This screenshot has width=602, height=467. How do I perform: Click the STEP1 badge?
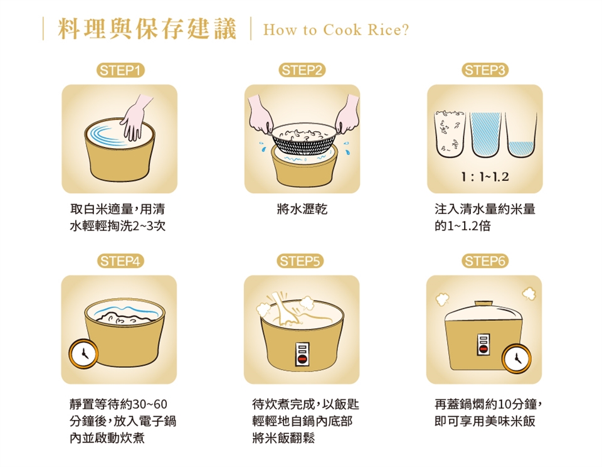click(x=120, y=70)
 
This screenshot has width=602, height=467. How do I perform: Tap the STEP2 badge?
click(x=302, y=70)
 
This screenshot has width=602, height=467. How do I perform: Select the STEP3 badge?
click(x=485, y=70)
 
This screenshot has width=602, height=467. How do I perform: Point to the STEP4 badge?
click(x=120, y=261)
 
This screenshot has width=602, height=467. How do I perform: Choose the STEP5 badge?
click(x=300, y=261)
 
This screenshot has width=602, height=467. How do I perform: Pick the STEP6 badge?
click(x=485, y=261)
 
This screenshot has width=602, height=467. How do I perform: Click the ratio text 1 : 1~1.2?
click(x=485, y=177)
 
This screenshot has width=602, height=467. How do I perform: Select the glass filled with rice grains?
click(x=450, y=134)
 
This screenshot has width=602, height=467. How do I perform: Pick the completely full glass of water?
click(x=485, y=134)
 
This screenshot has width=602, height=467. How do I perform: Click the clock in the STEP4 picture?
click(x=83, y=353)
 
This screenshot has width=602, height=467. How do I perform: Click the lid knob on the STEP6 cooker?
click(x=483, y=304)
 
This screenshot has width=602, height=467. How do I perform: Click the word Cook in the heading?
click(x=342, y=30)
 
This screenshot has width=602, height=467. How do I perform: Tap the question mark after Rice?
click(x=405, y=30)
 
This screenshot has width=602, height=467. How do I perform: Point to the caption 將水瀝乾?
click(x=302, y=209)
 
